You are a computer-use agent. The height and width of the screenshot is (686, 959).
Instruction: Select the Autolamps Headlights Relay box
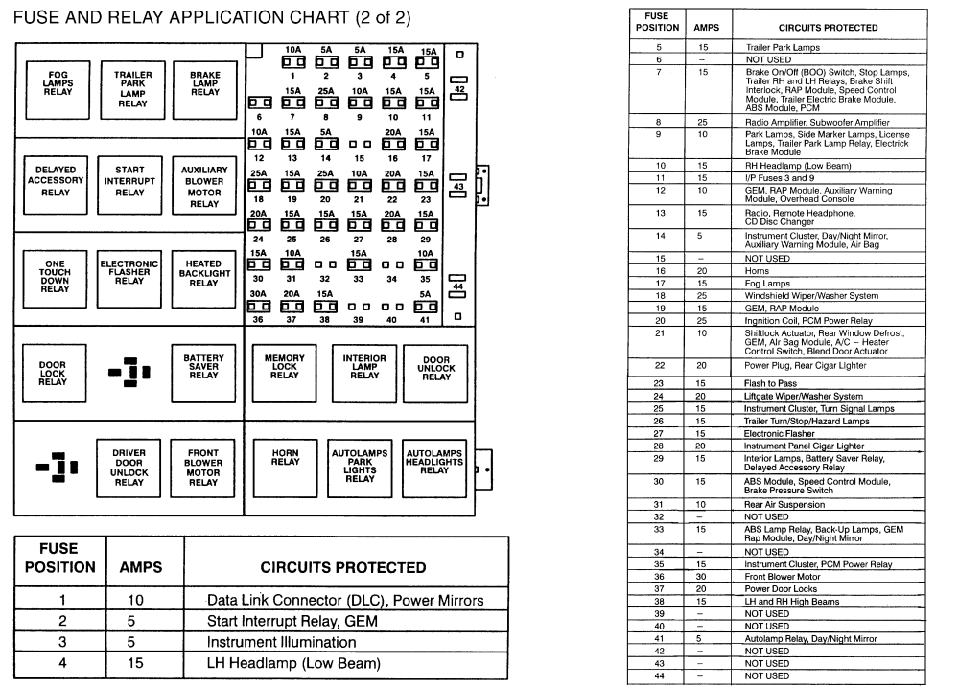(x=435, y=468)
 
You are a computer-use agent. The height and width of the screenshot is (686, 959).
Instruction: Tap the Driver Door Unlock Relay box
(x=129, y=469)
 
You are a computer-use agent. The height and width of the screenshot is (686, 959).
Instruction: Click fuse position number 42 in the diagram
(x=459, y=89)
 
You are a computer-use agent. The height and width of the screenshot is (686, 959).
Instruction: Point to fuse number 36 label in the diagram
(x=258, y=320)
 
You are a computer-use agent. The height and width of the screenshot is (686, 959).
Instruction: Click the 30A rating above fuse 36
(x=258, y=294)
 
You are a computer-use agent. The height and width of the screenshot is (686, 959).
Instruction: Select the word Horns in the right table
(x=758, y=271)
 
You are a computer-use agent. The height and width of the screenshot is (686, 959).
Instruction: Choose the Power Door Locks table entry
(x=782, y=589)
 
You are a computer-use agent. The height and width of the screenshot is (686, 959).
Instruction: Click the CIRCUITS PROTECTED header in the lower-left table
(x=343, y=567)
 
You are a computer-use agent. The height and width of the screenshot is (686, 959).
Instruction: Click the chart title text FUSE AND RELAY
(x=105, y=20)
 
